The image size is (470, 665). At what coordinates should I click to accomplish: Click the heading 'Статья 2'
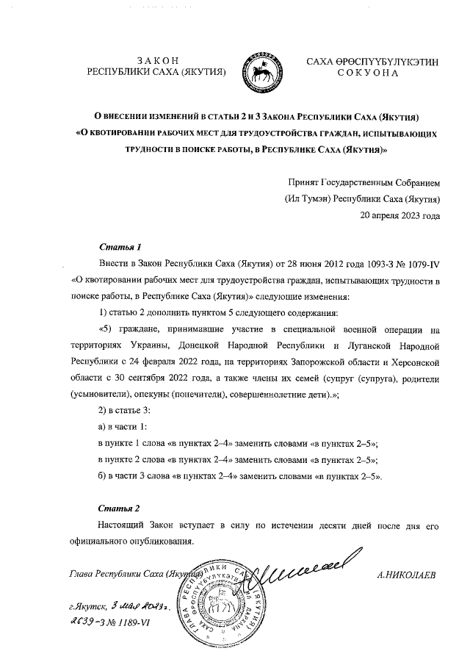pos(119,508)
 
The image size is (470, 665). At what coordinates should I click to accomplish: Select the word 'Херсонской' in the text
pos(416,362)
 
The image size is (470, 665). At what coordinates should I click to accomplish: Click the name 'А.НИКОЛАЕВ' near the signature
pos(405,575)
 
